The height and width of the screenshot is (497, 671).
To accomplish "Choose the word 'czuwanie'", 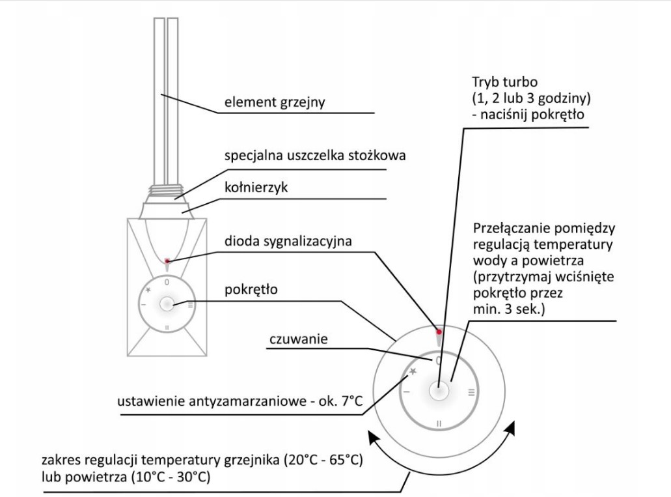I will [294, 339].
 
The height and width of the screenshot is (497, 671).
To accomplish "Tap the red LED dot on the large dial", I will [439, 332].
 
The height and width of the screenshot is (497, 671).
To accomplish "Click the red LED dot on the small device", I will [167, 261].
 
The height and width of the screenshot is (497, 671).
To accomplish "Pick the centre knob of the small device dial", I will [167, 304].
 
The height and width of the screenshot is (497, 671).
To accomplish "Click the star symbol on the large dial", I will [412, 371].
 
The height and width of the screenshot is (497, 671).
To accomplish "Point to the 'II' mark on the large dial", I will [439, 423].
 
